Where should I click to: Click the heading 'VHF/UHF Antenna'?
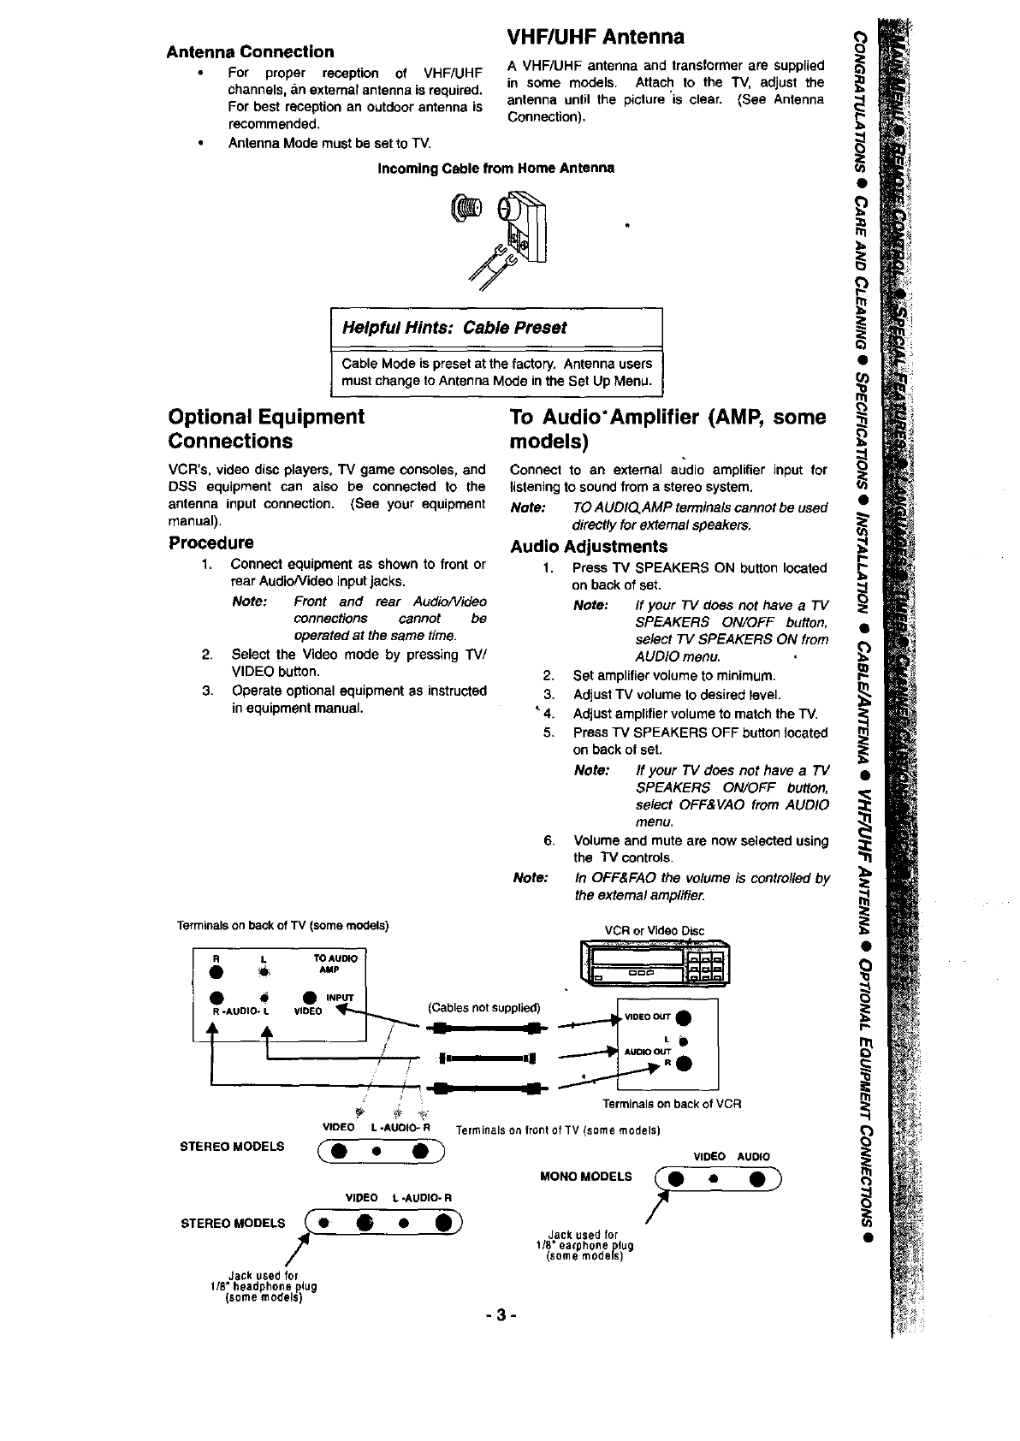[x=596, y=37]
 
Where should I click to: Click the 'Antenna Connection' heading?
[x=250, y=51]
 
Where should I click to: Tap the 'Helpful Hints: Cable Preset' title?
[x=454, y=328]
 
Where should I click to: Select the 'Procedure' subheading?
[x=211, y=543]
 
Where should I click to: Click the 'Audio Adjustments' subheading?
[x=589, y=546]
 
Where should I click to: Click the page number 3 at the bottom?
[x=501, y=1314]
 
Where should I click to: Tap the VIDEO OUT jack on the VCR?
[x=682, y=1017]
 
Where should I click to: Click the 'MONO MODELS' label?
[x=586, y=1176]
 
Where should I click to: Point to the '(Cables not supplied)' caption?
[x=484, y=1007]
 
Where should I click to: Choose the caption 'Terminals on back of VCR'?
[x=671, y=1104]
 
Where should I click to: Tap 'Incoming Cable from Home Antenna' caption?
[x=496, y=168]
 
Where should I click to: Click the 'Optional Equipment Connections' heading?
[x=266, y=429]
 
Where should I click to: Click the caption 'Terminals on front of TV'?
[x=557, y=1130]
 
